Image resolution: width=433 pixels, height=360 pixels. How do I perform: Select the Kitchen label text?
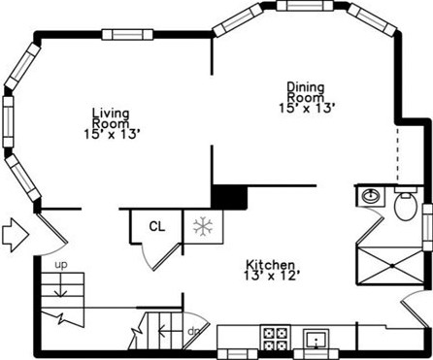coord(271,264)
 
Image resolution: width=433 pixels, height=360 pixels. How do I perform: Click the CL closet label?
coord(156,227)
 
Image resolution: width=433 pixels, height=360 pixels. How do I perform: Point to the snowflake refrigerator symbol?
coord(203,227)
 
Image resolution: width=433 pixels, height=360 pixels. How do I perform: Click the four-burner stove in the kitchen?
coord(275,339)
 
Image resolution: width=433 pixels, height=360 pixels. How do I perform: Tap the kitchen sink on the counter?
coord(315,340)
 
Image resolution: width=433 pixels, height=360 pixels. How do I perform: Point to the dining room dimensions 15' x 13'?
coord(311,108)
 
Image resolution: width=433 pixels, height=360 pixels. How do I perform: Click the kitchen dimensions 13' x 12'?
coord(271,277)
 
